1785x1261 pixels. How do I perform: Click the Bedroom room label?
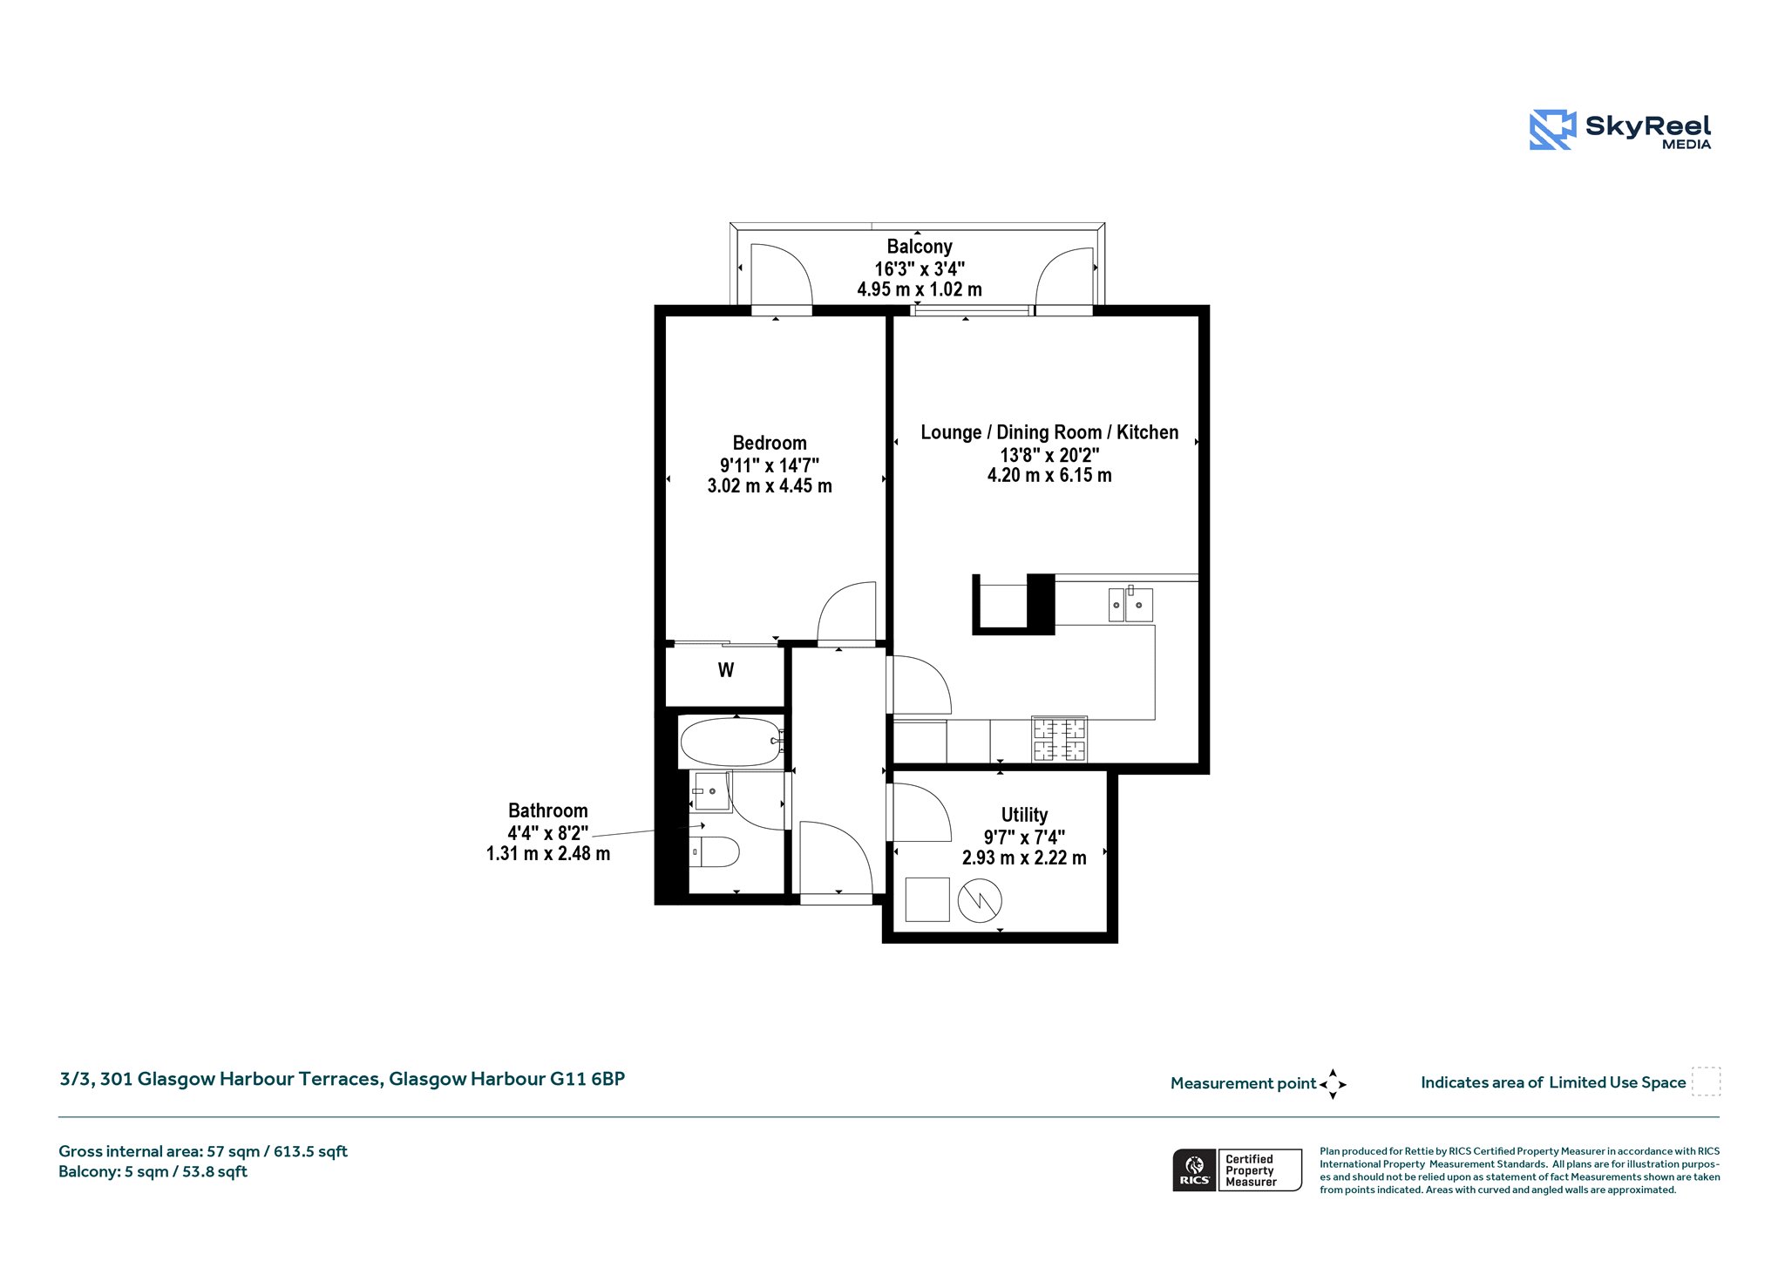[770, 443]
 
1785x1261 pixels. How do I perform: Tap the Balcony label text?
[920, 247]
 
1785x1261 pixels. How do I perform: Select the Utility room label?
[1024, 816]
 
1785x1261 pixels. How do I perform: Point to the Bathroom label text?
[548, 810]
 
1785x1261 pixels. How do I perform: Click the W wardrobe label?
[726, 670]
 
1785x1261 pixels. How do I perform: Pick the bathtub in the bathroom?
[730, 742]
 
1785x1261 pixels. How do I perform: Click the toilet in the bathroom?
[715, 851]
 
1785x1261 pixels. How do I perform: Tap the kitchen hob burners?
[1060, 739]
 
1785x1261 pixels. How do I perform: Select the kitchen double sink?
[1130, 605]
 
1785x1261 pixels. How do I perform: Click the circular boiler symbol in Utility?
[980, 900]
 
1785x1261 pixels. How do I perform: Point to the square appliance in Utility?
[927, 899]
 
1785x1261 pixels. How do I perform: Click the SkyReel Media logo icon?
[1552, 130]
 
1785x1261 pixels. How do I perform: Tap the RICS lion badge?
[1195, 1170]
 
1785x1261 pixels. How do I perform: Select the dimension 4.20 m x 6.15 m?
[1049, 476]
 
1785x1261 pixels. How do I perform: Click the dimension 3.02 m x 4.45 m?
[770, 486]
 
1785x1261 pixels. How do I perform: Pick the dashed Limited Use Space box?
[1706, 1081]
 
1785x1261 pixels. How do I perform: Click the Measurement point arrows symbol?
[1333, 1084]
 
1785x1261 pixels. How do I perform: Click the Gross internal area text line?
[203, 1151]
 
